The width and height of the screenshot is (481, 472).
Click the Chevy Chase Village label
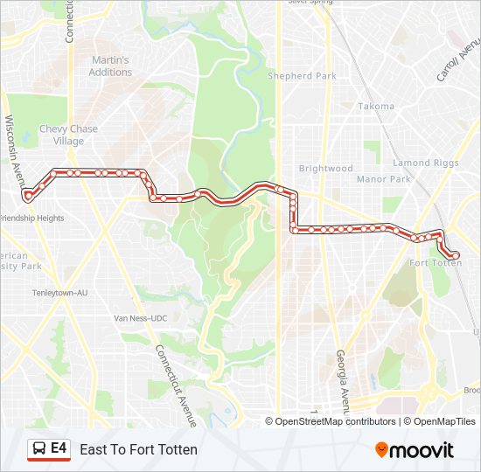[x=68, y=135]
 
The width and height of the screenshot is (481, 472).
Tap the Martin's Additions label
[x=110, y=66]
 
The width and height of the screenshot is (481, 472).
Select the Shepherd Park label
[x=302, y=76]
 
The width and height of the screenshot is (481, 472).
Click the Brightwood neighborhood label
[x=325, y=169]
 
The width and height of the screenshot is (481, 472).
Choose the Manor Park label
[x=384, y=179]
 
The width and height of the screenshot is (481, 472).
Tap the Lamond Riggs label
[x=424, y=163]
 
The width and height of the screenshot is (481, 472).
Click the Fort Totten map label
[x=436, y=262]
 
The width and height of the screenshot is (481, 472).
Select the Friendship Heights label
[x=31, y=218]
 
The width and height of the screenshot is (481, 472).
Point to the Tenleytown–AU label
[x=59, y=293]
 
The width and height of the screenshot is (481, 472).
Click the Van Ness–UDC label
[x=139, y=318]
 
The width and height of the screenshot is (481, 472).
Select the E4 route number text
[x=59, y=448]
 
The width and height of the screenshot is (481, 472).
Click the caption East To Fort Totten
[x=138, y=449]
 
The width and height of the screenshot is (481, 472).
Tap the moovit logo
[x=415, y=449]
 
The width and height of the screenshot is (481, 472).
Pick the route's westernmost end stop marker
[x=28, y=196]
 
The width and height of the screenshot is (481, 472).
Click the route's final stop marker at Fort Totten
[x=455, y=255]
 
